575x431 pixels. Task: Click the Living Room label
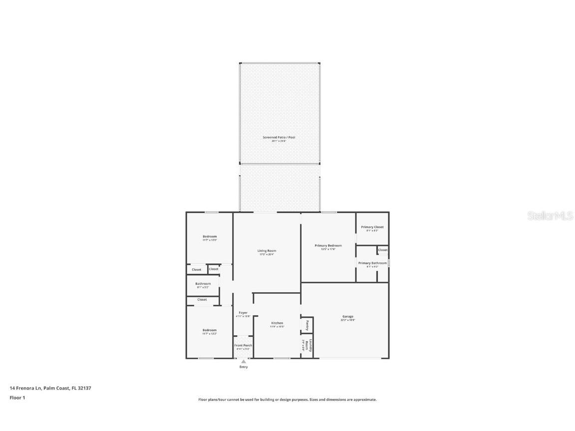[267, 251]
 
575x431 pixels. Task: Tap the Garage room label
[348, 317]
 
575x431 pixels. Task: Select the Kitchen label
[277, 323]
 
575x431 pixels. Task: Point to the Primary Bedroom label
[328, 245]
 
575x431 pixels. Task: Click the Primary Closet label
[372, 227]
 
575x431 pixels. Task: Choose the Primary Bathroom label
[372, 263]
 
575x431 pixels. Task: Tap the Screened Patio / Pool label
[279, 137]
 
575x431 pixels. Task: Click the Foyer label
[243, 313]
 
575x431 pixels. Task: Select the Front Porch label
[243, 345]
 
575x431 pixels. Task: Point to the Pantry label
[307, 325]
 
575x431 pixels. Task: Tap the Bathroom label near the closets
[203, 284]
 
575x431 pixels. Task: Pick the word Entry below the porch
[244, 367]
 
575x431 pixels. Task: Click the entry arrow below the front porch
[244, 361]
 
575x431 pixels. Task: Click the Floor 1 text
[17, 398]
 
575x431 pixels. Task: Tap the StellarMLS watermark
[551, 216]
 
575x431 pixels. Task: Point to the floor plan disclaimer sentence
[287, 400]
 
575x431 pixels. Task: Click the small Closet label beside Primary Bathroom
[383, 250]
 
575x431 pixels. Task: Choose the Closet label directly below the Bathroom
[202, 300]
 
